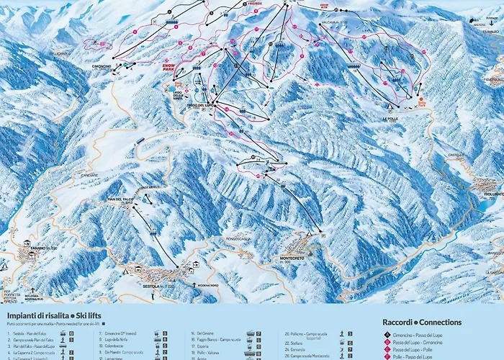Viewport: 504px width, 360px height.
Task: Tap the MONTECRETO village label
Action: coord(297,258)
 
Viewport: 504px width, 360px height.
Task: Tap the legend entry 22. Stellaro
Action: coord(297,342)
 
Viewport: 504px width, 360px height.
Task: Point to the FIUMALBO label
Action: coord(492,32)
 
